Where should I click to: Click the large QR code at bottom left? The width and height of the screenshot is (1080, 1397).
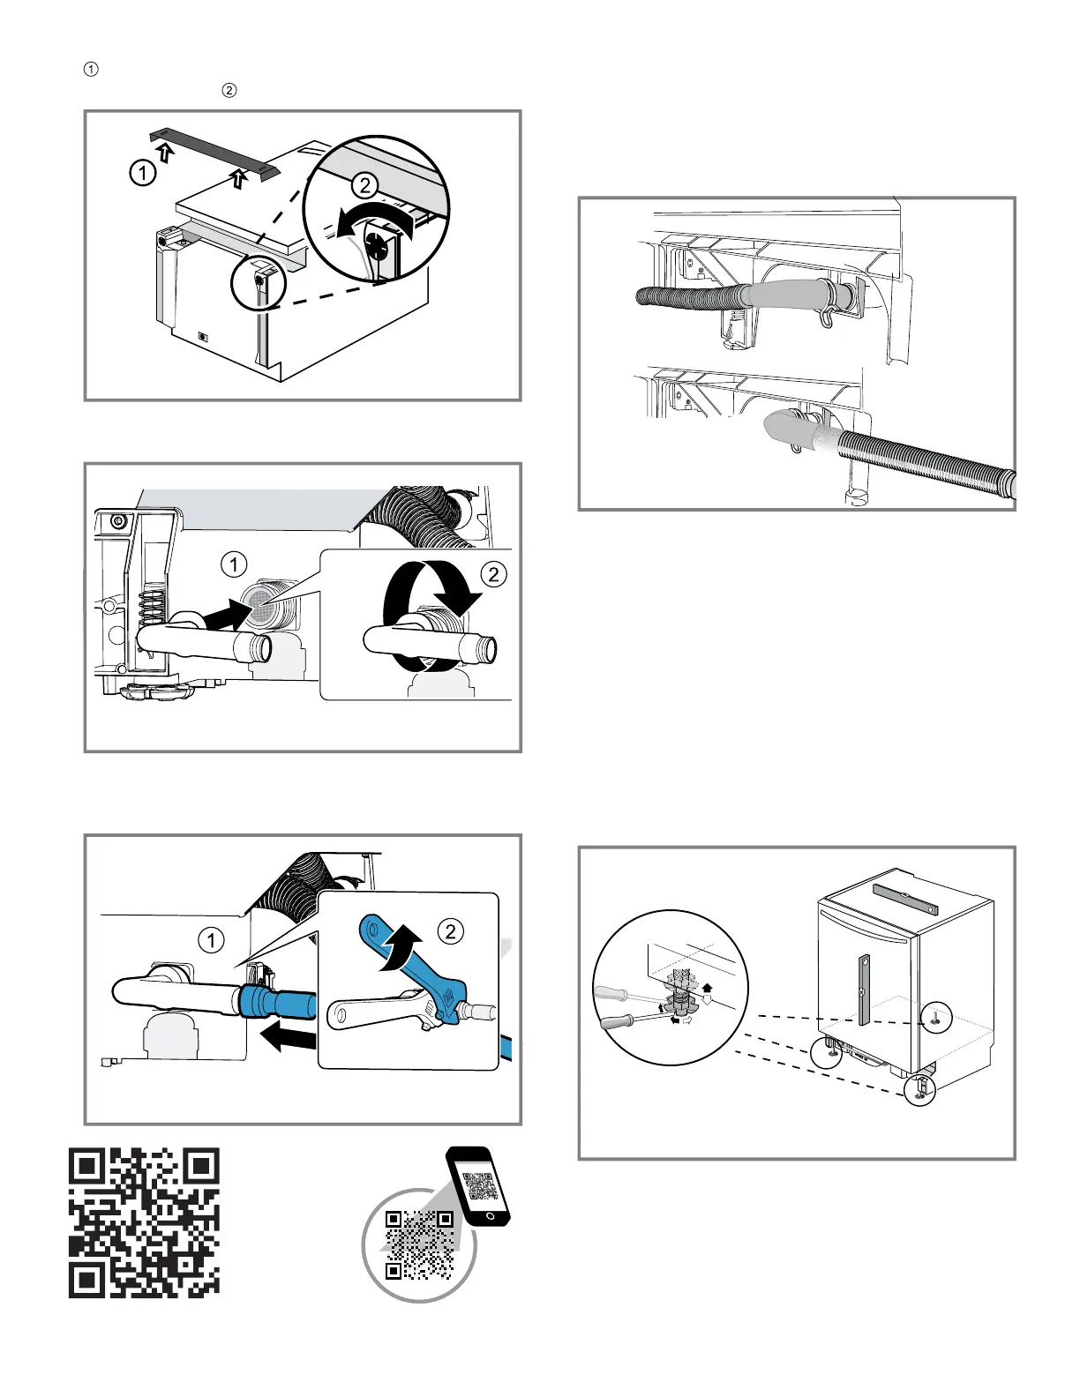[x=144, y=1221]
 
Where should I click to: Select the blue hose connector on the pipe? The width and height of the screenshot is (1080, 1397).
[x=274, y=1003]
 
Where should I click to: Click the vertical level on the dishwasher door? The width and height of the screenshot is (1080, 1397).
[x=865, y=990]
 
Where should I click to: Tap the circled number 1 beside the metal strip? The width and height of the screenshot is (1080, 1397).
[x=142, y=173]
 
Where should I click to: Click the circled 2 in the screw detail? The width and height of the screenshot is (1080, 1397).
[x=364, y=185]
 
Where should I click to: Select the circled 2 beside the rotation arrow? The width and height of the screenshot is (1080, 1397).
[x=493, y=574]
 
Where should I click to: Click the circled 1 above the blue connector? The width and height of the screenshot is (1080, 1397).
[x=212, y=941]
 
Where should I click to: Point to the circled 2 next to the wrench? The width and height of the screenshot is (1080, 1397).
[x=451, y=931]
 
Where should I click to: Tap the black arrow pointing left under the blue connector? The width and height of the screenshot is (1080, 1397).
[x=285, y=1040]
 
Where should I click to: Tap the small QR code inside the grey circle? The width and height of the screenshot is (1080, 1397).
[x=420, y=1244]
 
